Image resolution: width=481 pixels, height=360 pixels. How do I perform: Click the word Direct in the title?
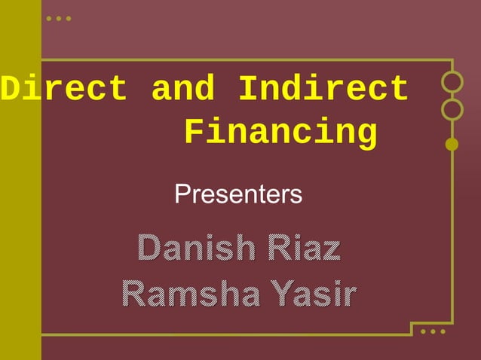[x=63, y=90]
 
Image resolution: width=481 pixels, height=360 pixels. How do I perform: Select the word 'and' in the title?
[x=182, y=90]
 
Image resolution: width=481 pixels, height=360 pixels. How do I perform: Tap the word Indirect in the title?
[x=323, y=90]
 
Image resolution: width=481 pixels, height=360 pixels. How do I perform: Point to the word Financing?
[x=280, y=133]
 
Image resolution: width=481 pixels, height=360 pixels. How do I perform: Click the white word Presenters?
[x=238, y=194]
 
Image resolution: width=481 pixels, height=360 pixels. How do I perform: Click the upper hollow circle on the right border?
[x=452, y=81]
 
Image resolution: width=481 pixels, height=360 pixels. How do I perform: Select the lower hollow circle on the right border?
[x=452, y=110]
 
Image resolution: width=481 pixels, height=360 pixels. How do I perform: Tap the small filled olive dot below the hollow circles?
[x=452, y=144]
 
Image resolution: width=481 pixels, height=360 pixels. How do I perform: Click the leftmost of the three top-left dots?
[x=49, y=18]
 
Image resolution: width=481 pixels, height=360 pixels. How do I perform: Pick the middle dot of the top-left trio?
[x=59, y=18]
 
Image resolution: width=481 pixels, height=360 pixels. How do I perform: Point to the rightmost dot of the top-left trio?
[x=69, y=18]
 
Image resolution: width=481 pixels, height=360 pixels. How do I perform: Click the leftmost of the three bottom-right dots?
[x=424, y=331]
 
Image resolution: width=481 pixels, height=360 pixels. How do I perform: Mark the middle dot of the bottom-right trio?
[x=434, y=331]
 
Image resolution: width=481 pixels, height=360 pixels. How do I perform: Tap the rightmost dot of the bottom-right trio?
[x=443, y=331]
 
